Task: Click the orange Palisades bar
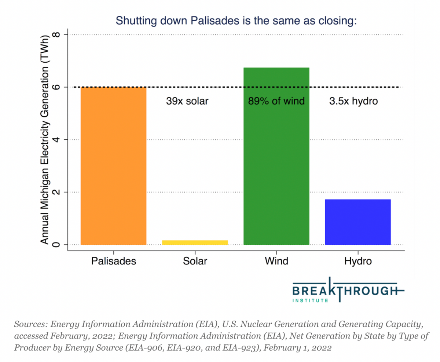click(x=114, y=166)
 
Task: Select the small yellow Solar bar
click(x=195, y=242)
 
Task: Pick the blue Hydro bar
click(x=358, y=222)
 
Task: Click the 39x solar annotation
click(x=187, y=101)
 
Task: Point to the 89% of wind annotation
click(x=276, y=101)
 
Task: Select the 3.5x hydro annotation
click(x=353, y=101)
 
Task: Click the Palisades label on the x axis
click(x=114, y=261)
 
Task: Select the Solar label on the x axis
click(x=195, y=261)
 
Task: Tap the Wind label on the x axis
click(x=276, y=261)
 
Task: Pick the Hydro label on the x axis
click(x=358, y=261)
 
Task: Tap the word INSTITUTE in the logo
click(x=310, y=301)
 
